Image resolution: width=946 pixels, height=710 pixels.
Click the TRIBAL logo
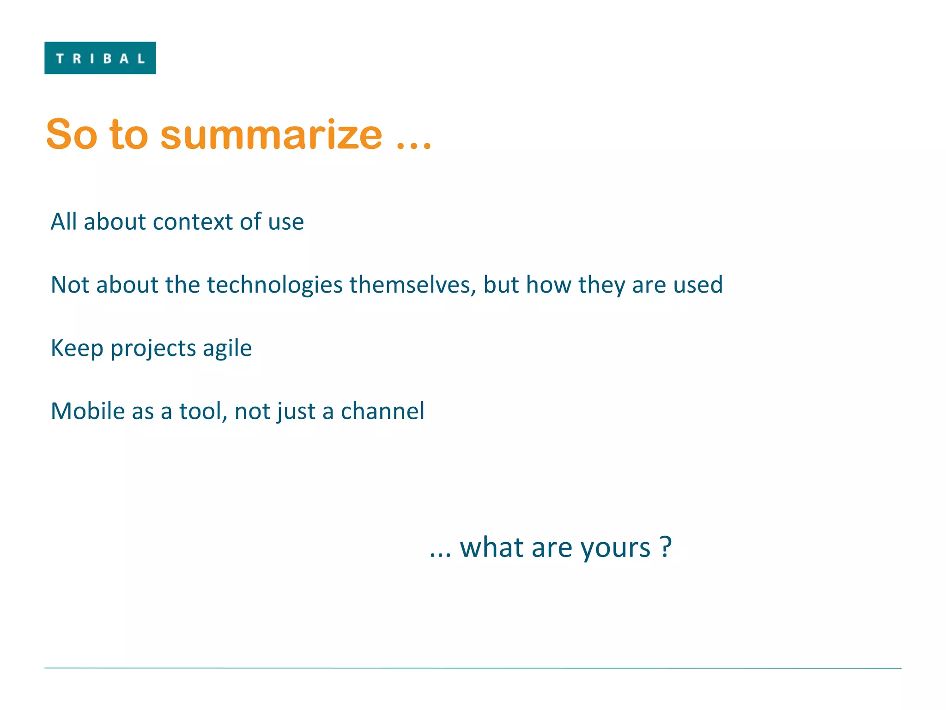(100, 58)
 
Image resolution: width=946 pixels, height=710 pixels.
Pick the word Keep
(77, 349)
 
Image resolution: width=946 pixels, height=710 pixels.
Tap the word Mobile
(88, 411)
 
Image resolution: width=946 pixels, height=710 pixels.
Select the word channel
(382, 411)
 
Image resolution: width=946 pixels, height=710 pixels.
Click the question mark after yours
(665, 547)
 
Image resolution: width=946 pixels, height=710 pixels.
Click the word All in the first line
(63, 221)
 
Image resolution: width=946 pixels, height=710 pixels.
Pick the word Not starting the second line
(70, 285)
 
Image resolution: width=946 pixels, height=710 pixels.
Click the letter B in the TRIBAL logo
(108, 59)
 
